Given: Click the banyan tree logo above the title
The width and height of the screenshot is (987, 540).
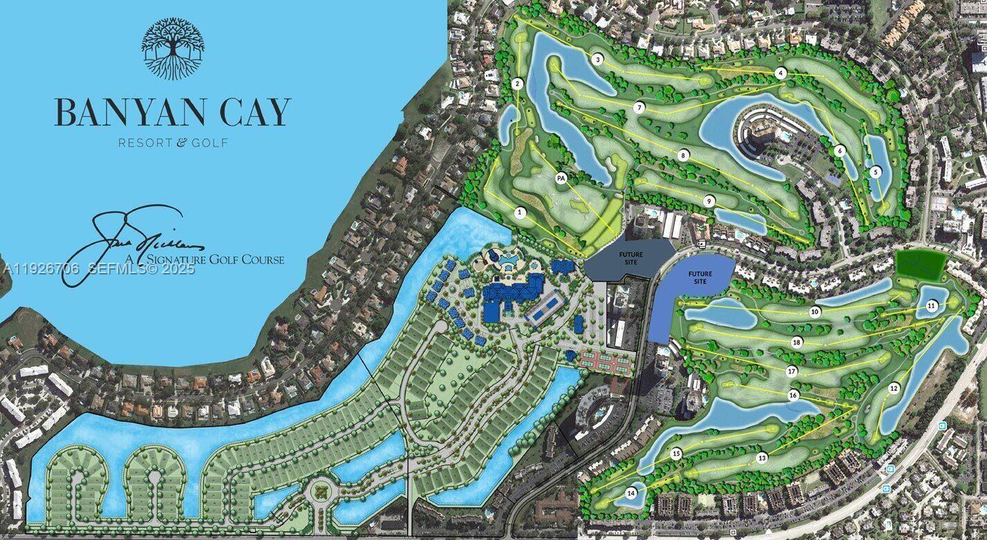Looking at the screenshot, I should [172, 48].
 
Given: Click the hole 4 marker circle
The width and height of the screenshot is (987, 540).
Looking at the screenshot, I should [781, 73].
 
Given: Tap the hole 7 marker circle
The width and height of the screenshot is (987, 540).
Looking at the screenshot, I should [640, 107].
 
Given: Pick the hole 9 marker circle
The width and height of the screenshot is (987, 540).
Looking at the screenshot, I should [709, 201].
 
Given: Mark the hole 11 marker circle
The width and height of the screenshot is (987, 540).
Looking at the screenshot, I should [932, 305].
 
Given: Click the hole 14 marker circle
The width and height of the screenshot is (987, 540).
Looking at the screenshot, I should [631, 493].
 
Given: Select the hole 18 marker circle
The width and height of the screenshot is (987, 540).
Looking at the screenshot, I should [797, 342].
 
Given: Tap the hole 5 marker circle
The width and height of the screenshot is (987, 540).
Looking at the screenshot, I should [876, 171].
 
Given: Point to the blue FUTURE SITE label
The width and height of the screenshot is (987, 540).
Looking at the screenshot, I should [700, 277].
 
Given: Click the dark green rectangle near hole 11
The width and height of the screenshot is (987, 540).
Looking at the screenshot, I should [921, 266].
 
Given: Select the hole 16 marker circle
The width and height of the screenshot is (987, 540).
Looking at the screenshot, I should [793, 395].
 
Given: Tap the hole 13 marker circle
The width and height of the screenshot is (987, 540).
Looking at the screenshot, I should [762, 457].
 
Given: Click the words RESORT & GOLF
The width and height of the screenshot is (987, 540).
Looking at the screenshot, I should [172, 142].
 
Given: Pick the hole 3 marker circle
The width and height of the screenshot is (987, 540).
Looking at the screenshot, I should [597, 59].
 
